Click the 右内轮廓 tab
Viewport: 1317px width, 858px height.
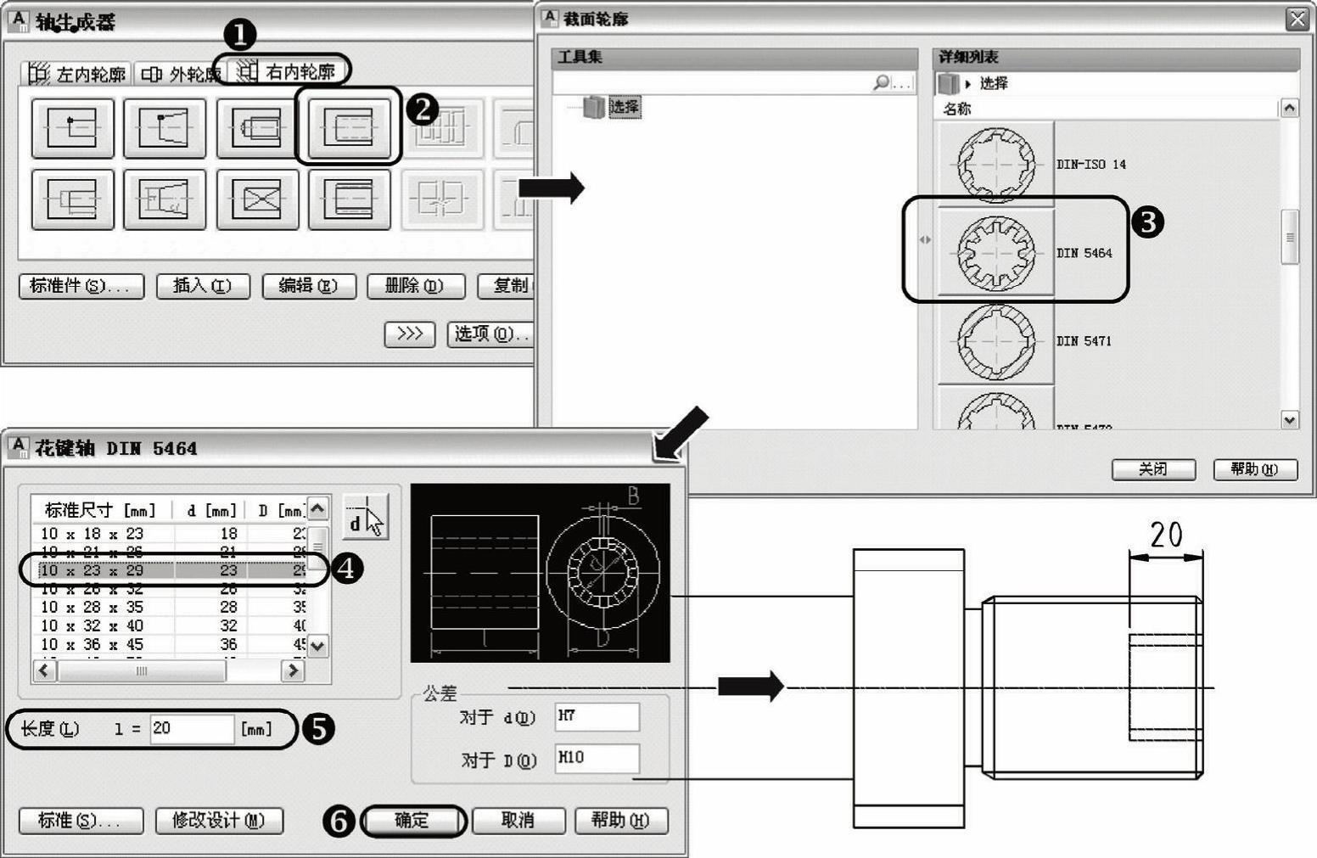pos(289,73)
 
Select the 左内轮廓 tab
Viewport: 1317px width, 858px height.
pos(78,75)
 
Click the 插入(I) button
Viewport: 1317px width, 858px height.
pos(202,286)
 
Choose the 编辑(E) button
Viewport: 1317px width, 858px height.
pos(309,286)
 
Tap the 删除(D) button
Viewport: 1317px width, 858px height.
pos(415,286)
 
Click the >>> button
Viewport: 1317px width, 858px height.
pos(409,334)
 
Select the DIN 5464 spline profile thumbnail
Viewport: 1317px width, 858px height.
pos(995,253)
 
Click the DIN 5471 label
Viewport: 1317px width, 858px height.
pos(1084,341)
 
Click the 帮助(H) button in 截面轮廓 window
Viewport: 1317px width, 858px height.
pos(1254,469)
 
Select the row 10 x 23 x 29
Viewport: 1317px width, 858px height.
pos(170,570)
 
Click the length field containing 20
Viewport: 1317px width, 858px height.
pos(191,729)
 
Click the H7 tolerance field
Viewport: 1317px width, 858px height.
pos(597,716)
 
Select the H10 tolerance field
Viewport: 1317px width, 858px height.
pos(597,758)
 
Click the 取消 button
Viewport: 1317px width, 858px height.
pos(518,820)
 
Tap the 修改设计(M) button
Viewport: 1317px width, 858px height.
pos(219,821)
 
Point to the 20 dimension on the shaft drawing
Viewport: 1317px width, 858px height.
pos(1166,536)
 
